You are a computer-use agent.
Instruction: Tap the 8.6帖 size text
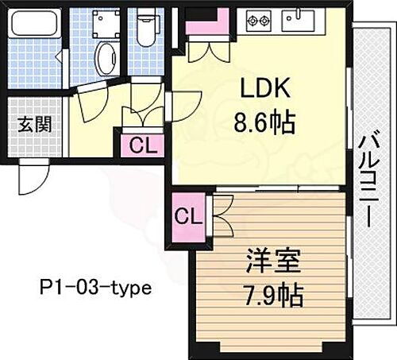[x=264, y=122]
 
